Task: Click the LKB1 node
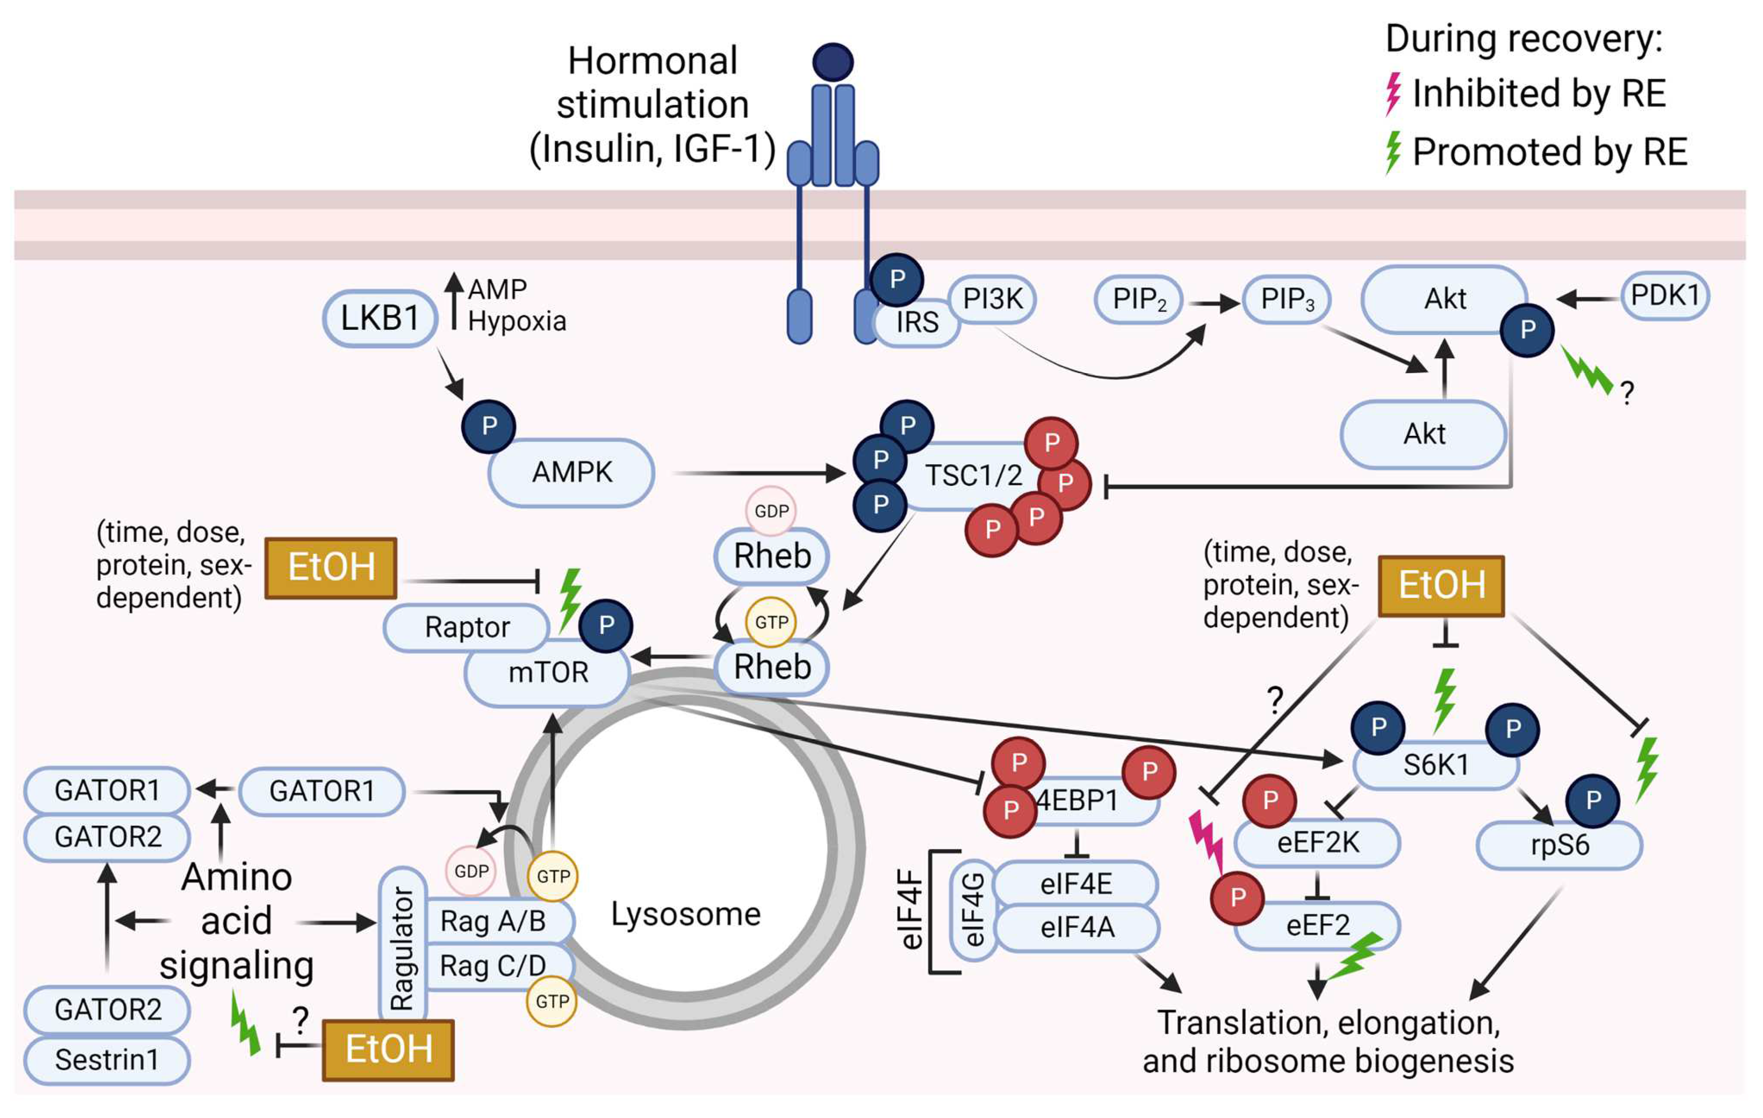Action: click(x=380, y=318)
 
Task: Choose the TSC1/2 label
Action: click(x=973, y=476)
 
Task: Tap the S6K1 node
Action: click(x=1435, y=766)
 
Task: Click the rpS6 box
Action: click(x=1559, y=845)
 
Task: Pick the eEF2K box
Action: click(x=1317, y=843)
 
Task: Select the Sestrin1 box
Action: click(x=107, y=1059)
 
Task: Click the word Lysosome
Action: click(x=685, y=914)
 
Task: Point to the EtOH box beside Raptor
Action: click(x=331, y=568)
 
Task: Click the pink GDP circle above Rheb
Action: click(x=771, y=511)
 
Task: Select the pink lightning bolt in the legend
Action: click(x=1392, y=94)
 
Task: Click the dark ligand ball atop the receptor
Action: click(x=832, y=62)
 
